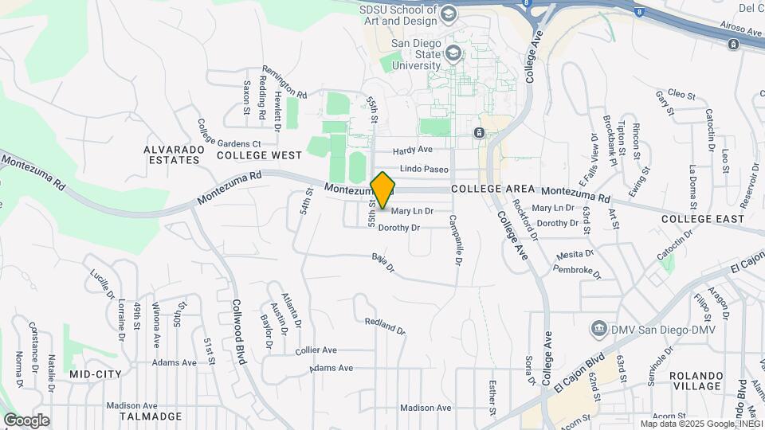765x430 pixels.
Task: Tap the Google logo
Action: (26, 420)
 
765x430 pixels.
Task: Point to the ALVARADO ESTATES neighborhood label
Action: (171, 154)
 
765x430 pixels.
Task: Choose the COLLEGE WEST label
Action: (259, 154)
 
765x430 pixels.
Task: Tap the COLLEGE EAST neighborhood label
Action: (702, 218)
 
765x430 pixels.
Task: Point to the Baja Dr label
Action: (383, 262)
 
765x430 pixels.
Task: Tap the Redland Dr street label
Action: (385, 326)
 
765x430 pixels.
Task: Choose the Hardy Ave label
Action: (413, 150)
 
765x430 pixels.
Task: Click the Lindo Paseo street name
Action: (424, 169)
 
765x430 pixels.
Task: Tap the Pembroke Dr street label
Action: (579, 272)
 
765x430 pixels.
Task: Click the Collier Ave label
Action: (316, 350)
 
